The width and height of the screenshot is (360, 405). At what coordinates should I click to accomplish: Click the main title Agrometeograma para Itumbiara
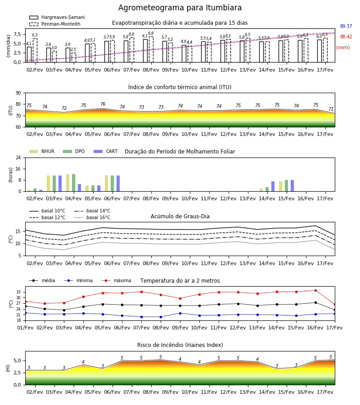pyautogui.click(x=180, y=8)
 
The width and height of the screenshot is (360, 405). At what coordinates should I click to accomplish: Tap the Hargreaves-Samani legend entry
pyautogui.click(x=57, y=17)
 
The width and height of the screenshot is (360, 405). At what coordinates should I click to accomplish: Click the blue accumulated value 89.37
pyautogui.click(x=346, y=27)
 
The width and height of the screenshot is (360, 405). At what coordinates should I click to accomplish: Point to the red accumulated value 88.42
pyautogui.click(x=346, y=37)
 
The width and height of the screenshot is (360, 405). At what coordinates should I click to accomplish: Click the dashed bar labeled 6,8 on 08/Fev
pyautogui.click(x=151, y=49)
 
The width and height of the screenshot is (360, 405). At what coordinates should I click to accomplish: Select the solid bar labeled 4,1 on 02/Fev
pyautogui.click(x=29, y=54)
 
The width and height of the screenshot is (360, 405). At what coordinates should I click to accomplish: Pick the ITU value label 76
pyautogui.click(x=103, y=104)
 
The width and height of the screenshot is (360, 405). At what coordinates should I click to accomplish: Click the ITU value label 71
pyautogui.click(x=331, y=109)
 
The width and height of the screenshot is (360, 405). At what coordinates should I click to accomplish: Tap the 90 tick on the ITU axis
pyautogui.click(x=18, y=93)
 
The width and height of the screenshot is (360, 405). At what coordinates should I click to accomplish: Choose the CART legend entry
pyautogui.click(x=106, y=151)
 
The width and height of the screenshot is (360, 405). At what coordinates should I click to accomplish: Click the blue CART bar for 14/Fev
pyautogui.click(x=273, y=186)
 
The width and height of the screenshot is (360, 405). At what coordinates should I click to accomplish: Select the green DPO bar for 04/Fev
pyautogui.click(x=74, y=183)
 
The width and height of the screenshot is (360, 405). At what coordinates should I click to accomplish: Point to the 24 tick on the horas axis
pyautogui.click(x=18, y=157)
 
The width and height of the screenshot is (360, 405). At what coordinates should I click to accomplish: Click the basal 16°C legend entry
pyautogui.click(x=92, y=217)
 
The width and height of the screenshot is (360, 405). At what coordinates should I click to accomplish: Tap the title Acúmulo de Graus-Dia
pyautogui.click(x=180, y=216)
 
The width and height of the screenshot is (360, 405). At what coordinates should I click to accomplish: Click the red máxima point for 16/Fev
pyautogui.click(x=315, y=291)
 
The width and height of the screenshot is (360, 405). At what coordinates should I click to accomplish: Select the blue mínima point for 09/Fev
pyautogui.click(x=180, y=313)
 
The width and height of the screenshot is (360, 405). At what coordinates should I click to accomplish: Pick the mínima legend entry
pyautogui.click(x=78, y=280)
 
